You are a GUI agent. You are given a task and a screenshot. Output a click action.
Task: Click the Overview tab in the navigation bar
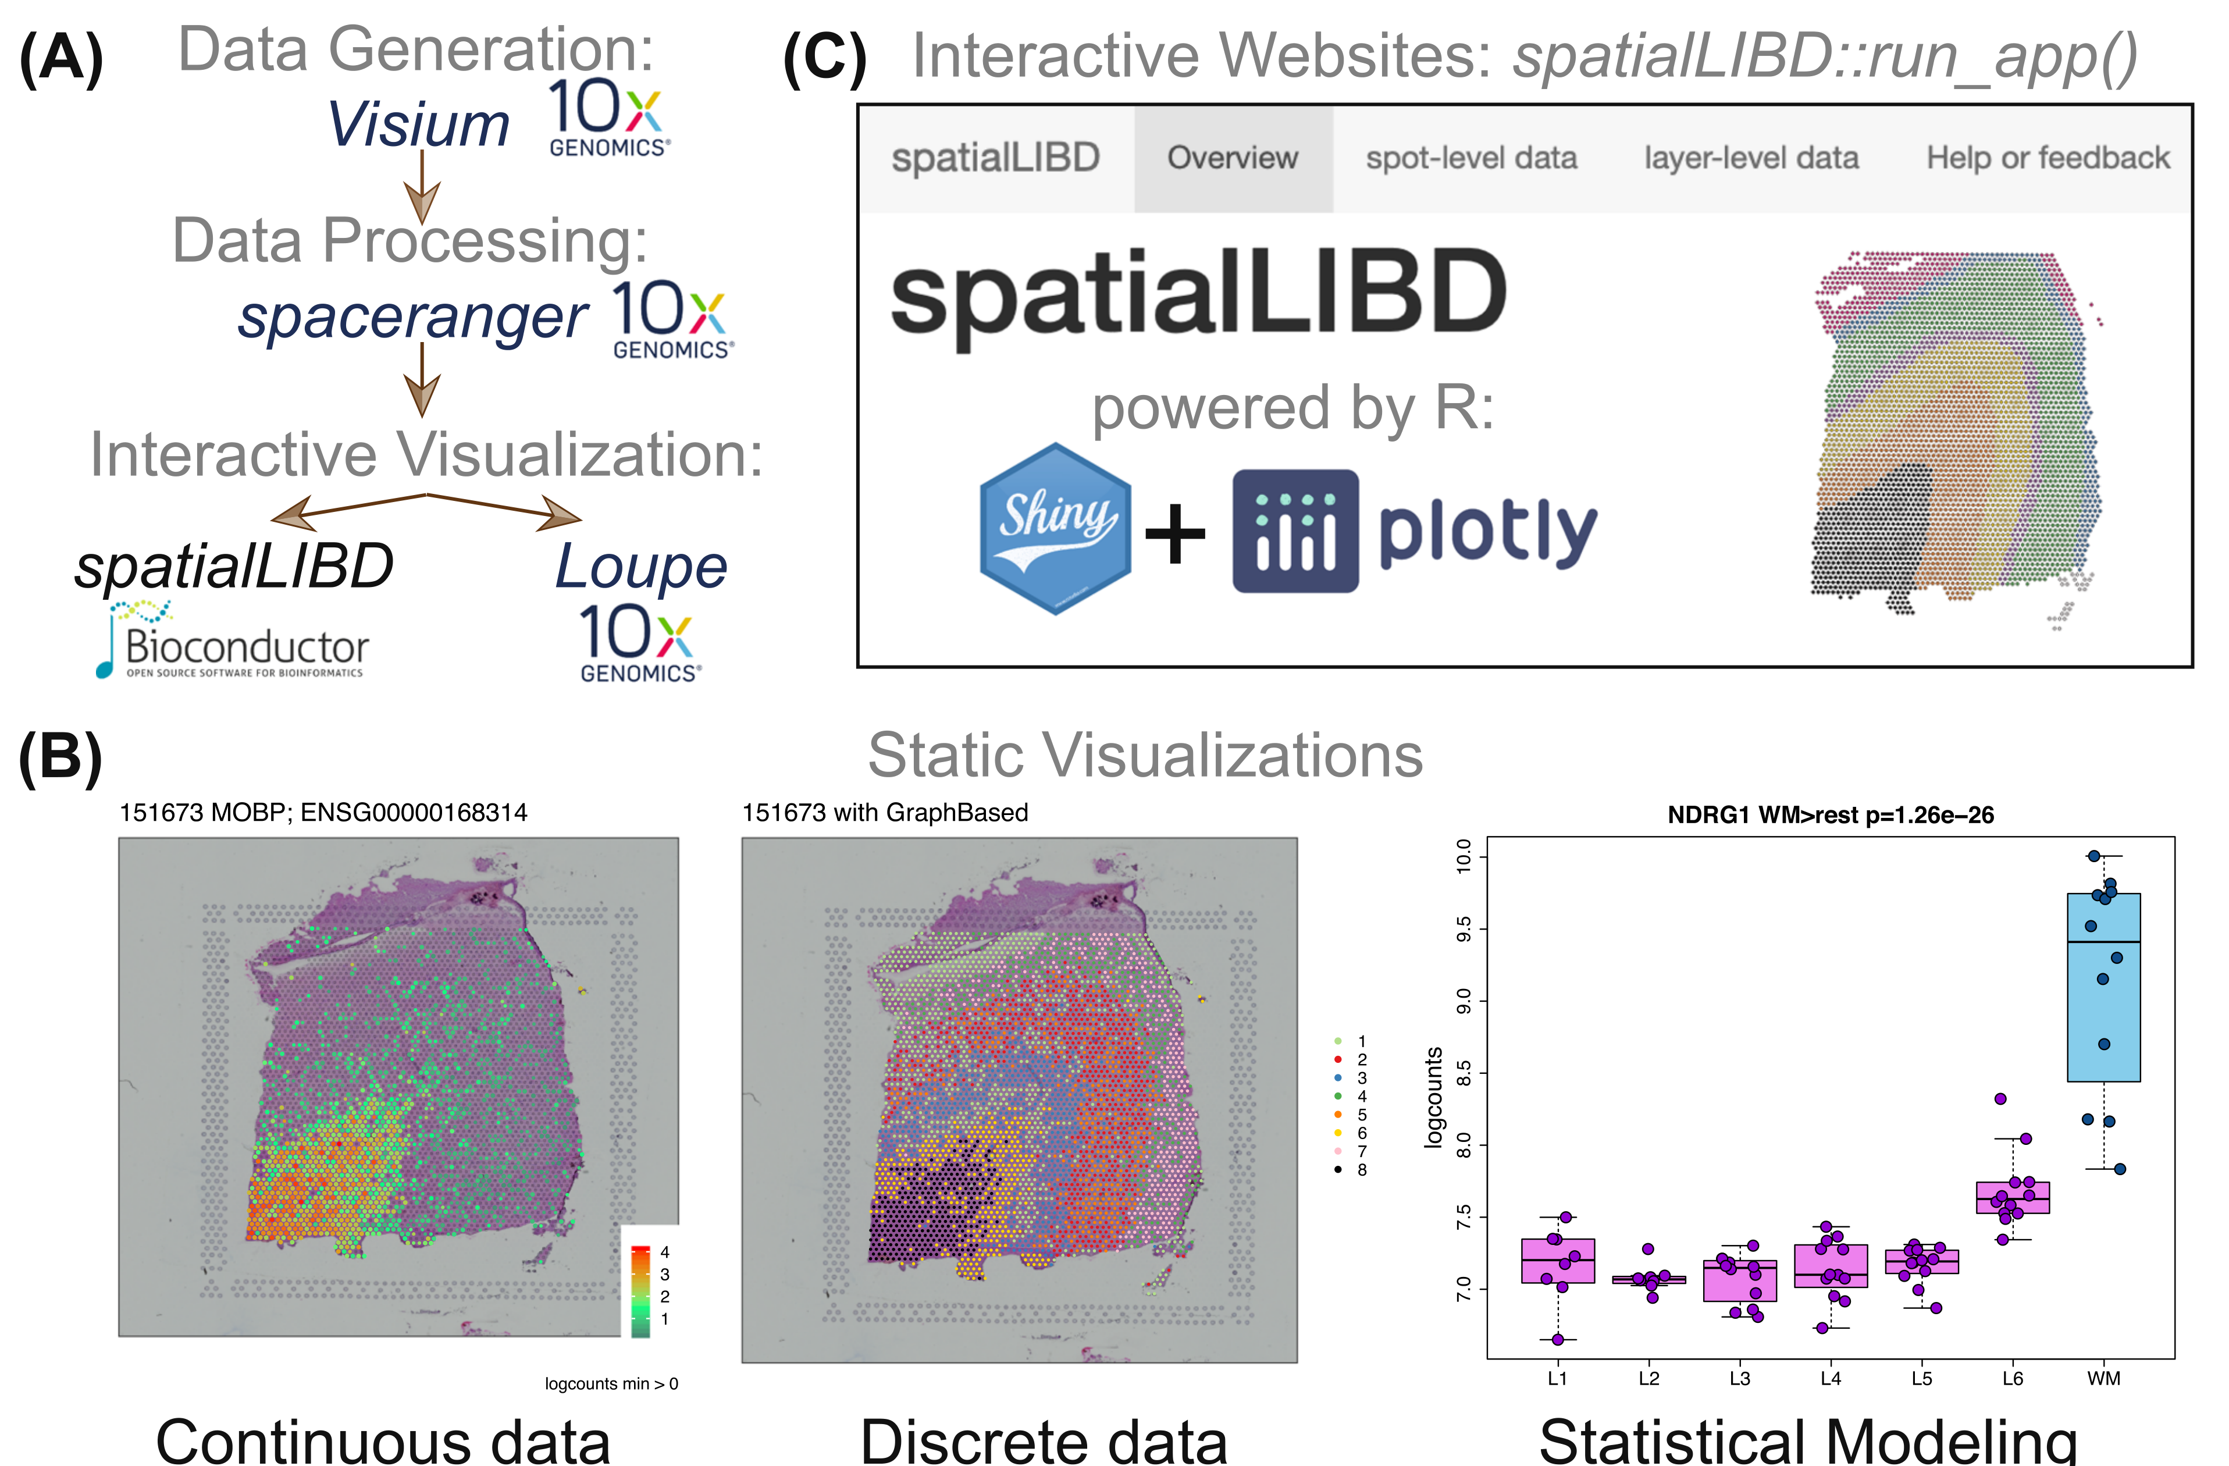coord(1233,158)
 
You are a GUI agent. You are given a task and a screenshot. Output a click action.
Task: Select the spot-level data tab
coord(1471,158)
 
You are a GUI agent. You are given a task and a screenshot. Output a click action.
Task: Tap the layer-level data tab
coord(1751,158)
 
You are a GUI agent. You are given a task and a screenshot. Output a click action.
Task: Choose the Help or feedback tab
coord(2048,158)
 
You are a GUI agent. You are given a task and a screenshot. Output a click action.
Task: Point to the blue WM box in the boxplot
coord(2103,988)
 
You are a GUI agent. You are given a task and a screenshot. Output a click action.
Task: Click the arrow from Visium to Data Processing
coord(422,187)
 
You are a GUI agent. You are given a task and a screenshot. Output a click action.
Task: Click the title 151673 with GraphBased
coord(885,812)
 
